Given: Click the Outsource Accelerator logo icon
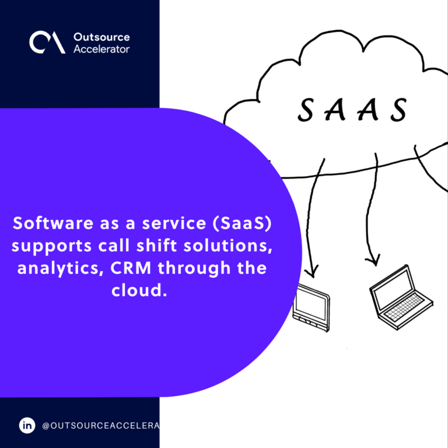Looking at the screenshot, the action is (47, 42).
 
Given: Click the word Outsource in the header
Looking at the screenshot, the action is (101, 37).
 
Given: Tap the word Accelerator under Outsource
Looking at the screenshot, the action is (101, 49).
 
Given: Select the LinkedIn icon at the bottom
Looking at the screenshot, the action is (27, 425).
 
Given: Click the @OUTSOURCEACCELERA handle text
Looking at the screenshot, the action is (100, 426).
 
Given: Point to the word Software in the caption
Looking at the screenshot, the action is (53, 223).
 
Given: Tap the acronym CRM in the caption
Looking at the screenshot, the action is (131, 268).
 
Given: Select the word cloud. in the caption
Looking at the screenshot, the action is (139, 290).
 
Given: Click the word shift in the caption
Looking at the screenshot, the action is (156, 246).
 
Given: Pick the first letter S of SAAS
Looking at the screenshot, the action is (306, 110).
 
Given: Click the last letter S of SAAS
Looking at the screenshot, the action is (399, 110).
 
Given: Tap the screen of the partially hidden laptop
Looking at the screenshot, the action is (311, 303).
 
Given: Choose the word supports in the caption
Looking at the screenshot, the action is (52, 246).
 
